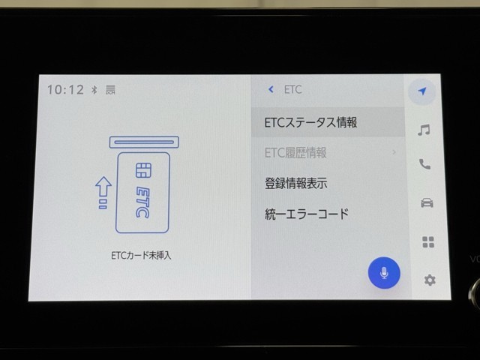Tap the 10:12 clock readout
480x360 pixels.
pyautogui.click(x=65, y=90)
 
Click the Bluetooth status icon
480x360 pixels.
pyautogui.click(x=94, y=90)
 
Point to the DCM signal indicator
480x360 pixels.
pyautogui.click(x=110, y=90)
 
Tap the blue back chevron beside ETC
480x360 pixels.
pyautogui.click(x=271, y=89)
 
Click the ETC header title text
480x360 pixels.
pyautogui.click(x=293, y=89)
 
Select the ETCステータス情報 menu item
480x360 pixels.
pyautogui.click(x=310, y=122)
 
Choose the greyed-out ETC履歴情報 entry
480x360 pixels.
pyautogui.click(x=295, y=152)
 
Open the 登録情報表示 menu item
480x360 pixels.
pyautogui.click(x=295, y=183)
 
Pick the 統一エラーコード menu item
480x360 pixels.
pyautogui.click(x=307, y=214)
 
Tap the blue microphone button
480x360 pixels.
pyautogui.click(x=384, y=272)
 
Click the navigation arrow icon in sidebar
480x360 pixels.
pyautogui.click(x=422, y=91)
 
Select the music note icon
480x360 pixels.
pyautogui.click(x=424, y=130)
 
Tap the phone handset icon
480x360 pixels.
pyautogui.click(x=424, y=164)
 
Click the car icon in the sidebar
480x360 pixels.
pyautogui.click(x=427, y=202)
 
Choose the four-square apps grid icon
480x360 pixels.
pyautogui.click(x=428, y=241)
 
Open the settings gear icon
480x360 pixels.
pyautogui.click(x=430, y=280)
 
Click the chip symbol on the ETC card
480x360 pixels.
pyautogui.click(x=143, y=170)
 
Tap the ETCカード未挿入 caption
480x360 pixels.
pyautogui.click(x=141, y=255)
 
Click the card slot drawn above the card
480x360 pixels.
pyautogui.click(x=144, y=142)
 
